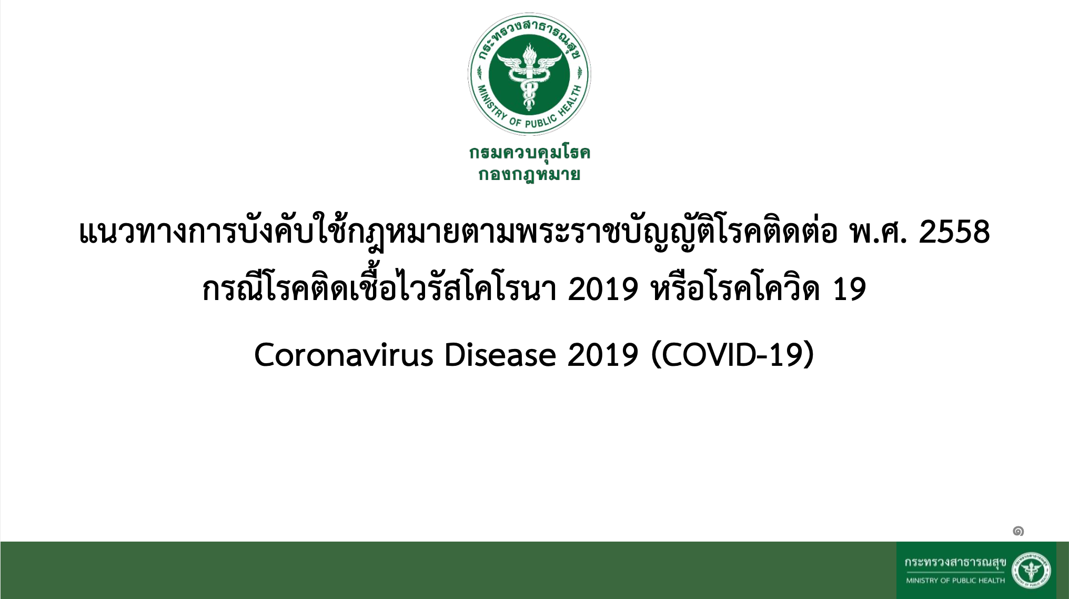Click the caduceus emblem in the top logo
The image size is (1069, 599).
529,74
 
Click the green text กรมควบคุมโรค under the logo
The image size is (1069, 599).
530,153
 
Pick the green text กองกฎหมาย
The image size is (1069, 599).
529,174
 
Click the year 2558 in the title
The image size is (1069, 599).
954,232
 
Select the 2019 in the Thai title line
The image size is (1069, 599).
603,289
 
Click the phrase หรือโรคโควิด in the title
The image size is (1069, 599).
735,289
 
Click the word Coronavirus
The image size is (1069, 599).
344,355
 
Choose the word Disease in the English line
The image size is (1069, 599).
500,355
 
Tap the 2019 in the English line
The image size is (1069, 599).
603,355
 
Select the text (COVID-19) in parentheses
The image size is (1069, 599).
732,355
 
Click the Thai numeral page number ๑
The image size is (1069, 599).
1018,531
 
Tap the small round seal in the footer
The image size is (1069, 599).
1031,570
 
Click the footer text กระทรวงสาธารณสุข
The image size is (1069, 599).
955,563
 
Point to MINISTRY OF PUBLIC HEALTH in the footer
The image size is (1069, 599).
955,581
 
